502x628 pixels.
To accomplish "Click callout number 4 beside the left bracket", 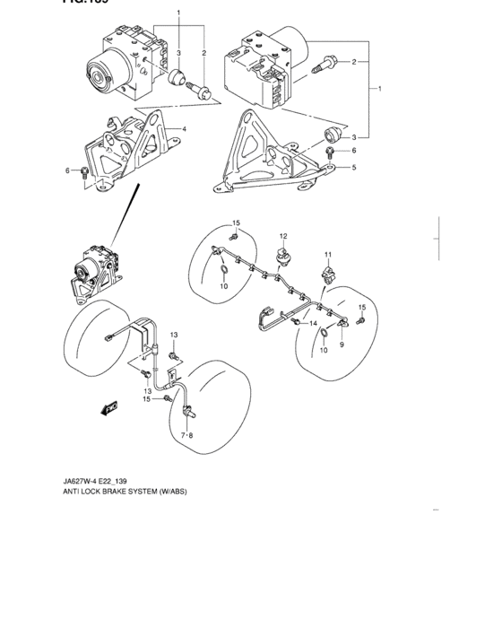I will pyautogui.click(x=184, y=129).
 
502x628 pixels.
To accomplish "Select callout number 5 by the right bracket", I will pyautogui.click(x=354, y=167).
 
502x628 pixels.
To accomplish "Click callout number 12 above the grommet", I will pyautogui.click(x=281, y=236).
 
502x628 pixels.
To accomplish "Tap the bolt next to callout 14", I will pyautogui.click(x=295, y=320).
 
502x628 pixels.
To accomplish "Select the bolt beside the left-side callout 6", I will pyautogui.click(x=83, y=170).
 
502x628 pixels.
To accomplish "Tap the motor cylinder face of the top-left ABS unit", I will pyautogui.click(x=95, y=76).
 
